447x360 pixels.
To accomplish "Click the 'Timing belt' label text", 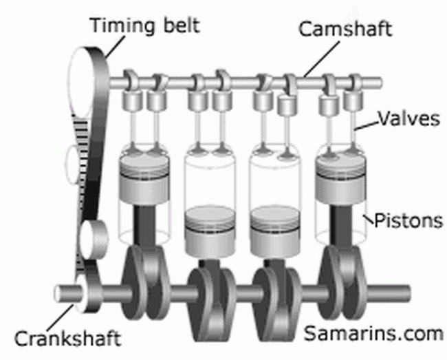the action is (145, 25).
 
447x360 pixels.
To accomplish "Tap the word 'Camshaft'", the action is (345, 29).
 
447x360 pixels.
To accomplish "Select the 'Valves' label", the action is (408, 118).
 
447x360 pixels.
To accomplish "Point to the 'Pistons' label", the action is (408, 220).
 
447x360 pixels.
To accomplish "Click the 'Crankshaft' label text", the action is (68, 339).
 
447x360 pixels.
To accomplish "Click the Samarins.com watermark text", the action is (373, 333).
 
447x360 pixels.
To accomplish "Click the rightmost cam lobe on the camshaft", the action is (356, 82).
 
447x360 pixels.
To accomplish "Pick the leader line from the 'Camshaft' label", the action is (321, 60).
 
